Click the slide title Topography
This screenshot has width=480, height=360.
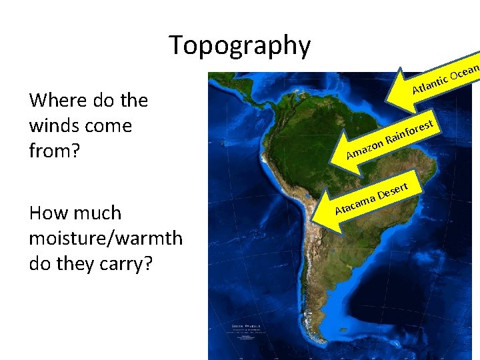click(240, 45)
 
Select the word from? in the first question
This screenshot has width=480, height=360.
click(54, 151)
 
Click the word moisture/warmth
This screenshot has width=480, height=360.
click(106, 239)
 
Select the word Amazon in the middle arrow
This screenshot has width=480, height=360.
click(364, 149)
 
